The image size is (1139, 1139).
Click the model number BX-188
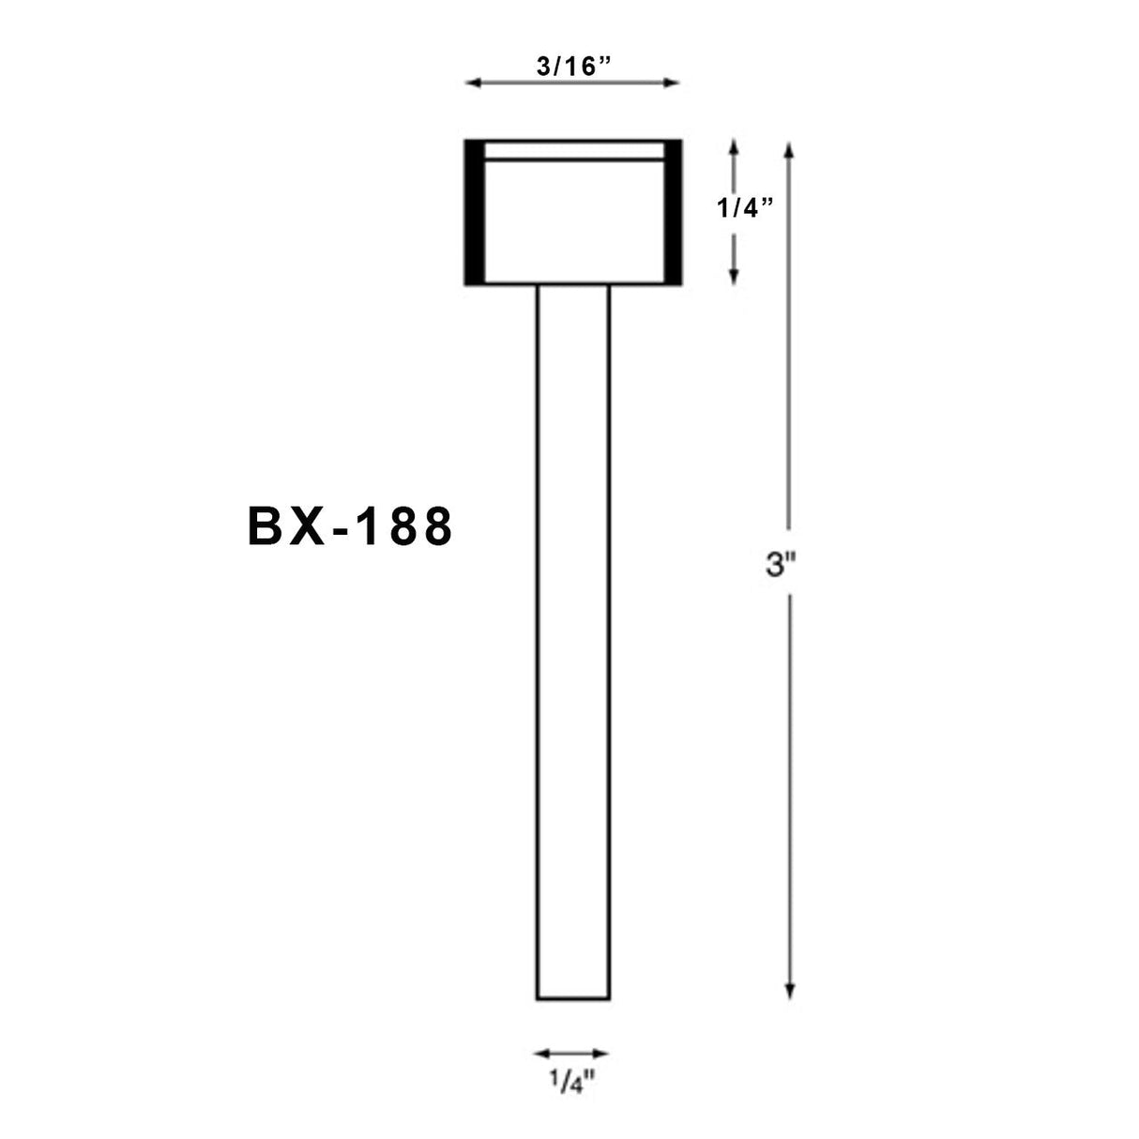[x=350, y=527]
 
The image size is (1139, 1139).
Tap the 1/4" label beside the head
[x=746, y=209]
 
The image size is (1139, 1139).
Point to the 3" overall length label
[x=781, y=567]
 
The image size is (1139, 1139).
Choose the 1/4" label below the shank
[x=571, y=1085]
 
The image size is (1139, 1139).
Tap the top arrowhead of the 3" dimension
[x=790, y=148]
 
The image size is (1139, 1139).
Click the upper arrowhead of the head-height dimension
[x=734, y=146]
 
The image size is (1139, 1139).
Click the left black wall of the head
[x=474, y=212]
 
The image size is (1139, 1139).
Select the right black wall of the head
[x=673, y=212]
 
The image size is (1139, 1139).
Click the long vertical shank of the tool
[x=572, y=638]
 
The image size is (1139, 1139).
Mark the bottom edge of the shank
[x=572, y=999]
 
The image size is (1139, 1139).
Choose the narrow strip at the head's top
[x=572, y=151]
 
